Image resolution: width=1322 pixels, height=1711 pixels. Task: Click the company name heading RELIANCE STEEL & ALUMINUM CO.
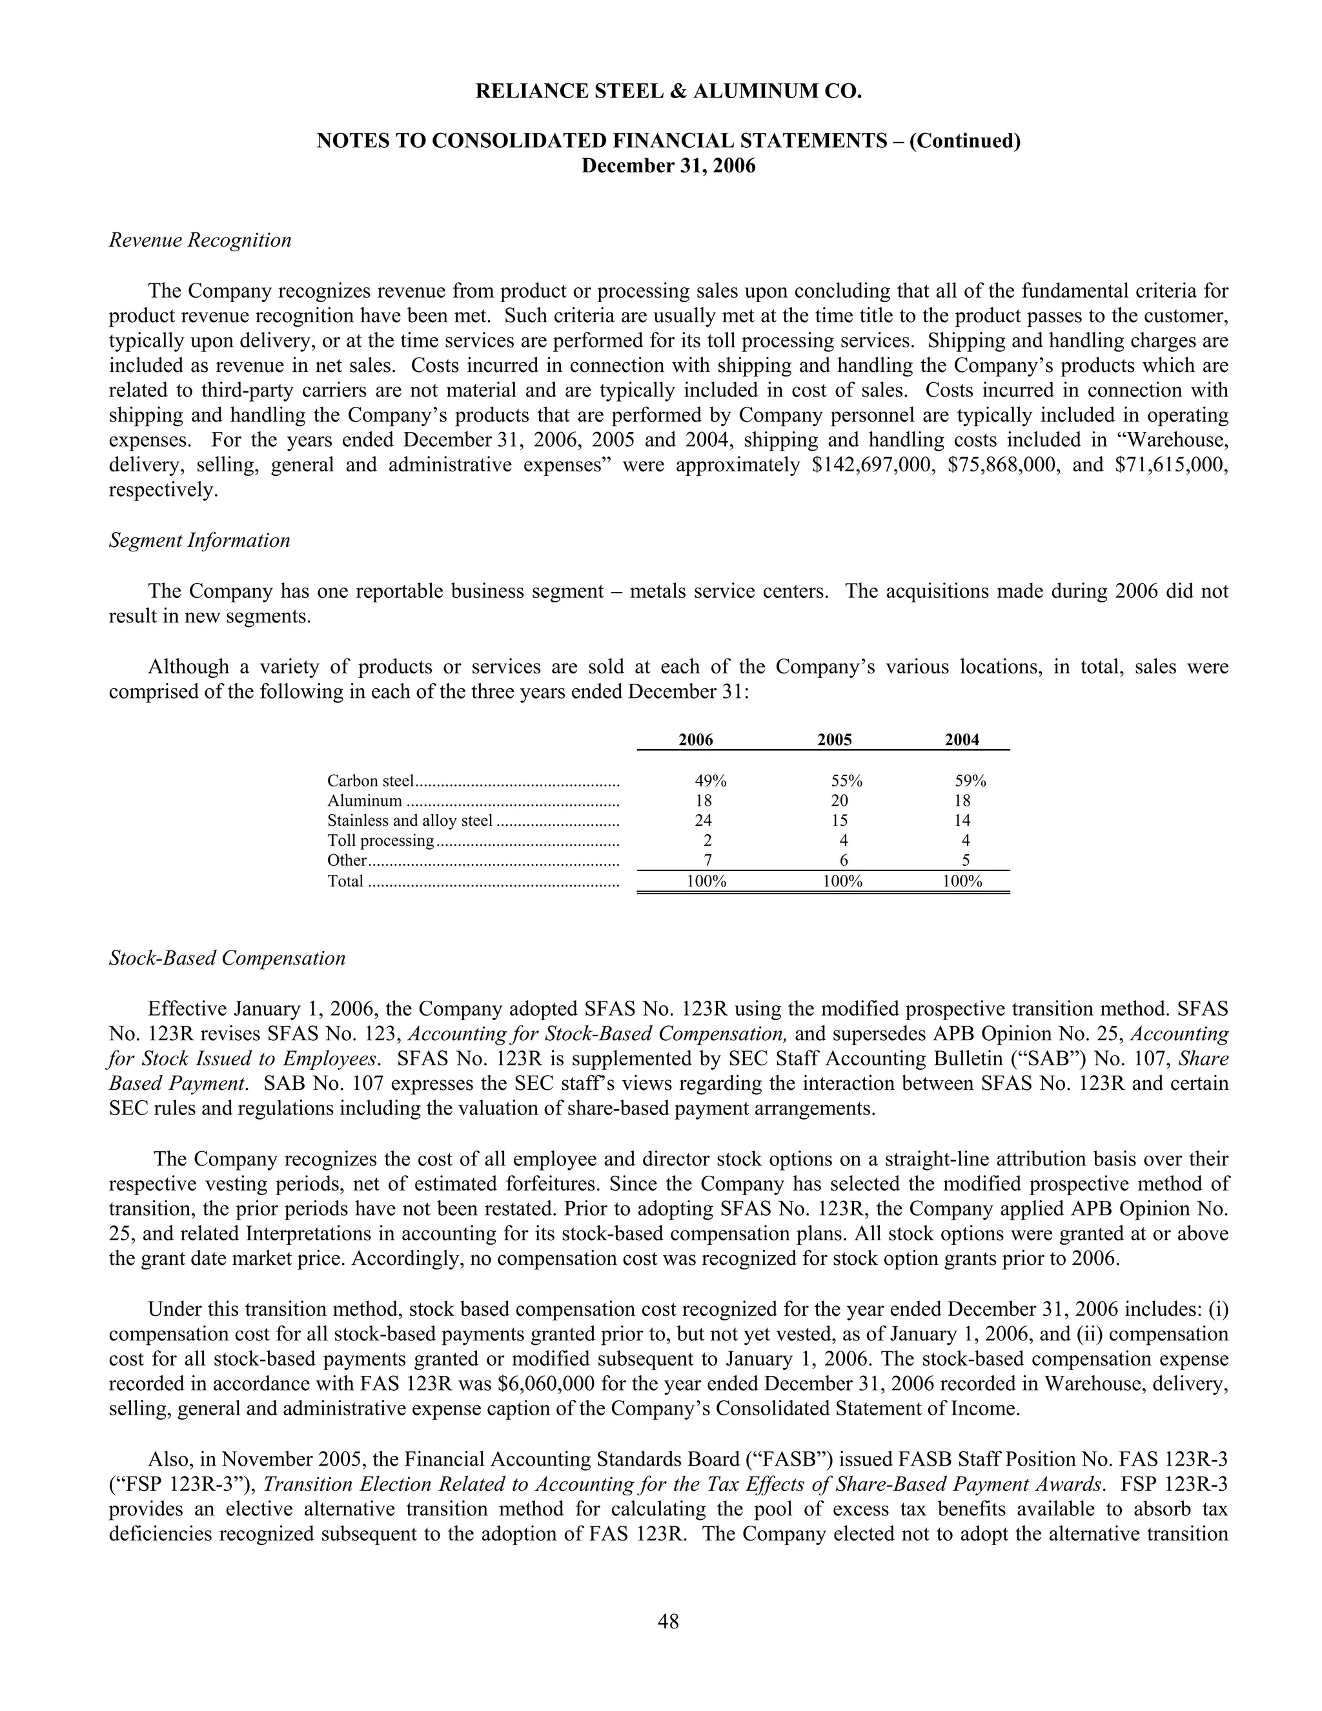668,92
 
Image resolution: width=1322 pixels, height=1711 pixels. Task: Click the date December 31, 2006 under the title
668,166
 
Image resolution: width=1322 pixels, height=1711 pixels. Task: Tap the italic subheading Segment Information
199,540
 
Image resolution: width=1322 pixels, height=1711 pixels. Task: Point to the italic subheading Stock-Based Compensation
227,958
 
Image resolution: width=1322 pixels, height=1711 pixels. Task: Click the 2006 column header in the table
695,739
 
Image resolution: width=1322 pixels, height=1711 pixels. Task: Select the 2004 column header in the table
962,739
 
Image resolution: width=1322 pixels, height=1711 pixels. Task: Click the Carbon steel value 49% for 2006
710,781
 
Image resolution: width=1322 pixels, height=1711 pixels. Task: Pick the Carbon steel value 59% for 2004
970,781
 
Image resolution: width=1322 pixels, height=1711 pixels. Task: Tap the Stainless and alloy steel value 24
704,820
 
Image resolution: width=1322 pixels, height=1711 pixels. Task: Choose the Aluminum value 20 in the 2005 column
839,801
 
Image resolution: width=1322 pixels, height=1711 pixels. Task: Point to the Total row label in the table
345,881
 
